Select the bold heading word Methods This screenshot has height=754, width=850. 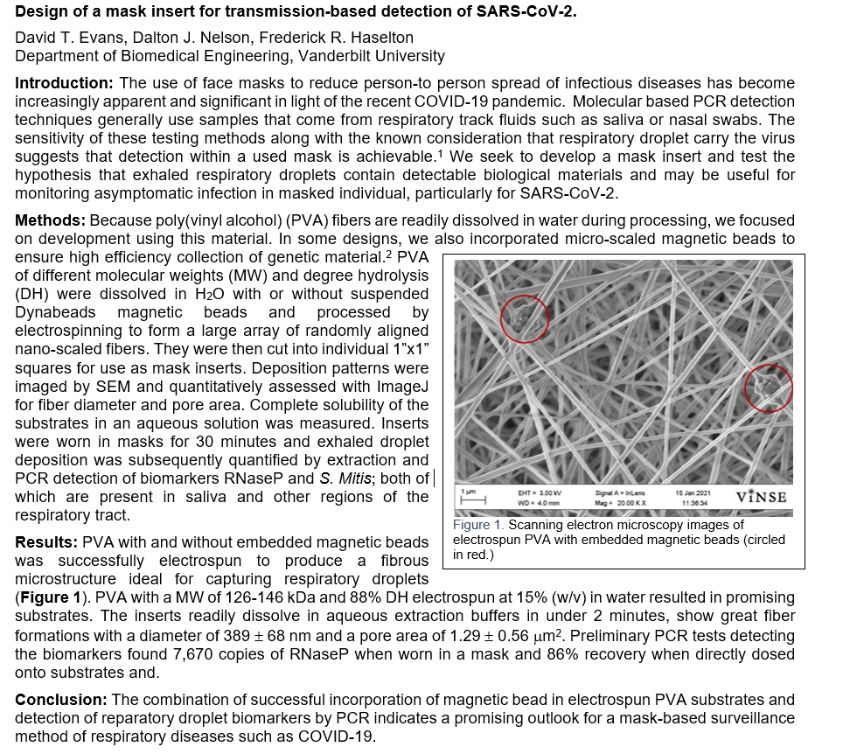48,220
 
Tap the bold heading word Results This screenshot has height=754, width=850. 45,543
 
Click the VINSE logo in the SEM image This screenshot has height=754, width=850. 761,497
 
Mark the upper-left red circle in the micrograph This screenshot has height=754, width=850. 525,318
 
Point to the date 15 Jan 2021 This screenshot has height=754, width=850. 692,492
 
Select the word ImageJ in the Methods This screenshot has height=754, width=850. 401,386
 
